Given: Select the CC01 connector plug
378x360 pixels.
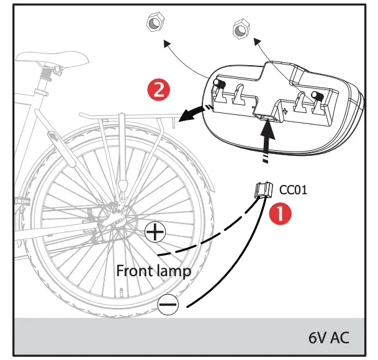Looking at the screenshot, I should click(263, 191).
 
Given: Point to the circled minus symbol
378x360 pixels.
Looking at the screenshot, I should click(168, 304).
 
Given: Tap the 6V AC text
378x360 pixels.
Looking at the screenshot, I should click(328, 338).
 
